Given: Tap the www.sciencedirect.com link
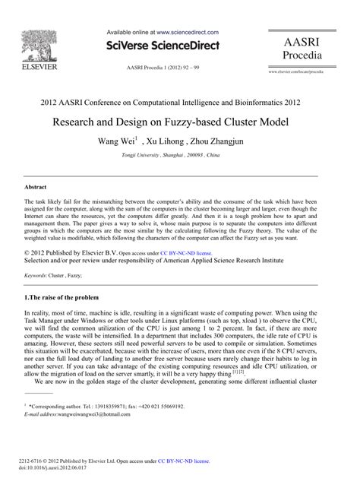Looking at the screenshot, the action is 188,33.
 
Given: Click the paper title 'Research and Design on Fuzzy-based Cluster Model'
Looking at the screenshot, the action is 179,122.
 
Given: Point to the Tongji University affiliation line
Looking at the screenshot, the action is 180,155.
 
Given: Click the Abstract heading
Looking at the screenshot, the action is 36,186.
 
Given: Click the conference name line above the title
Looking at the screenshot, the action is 179,100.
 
